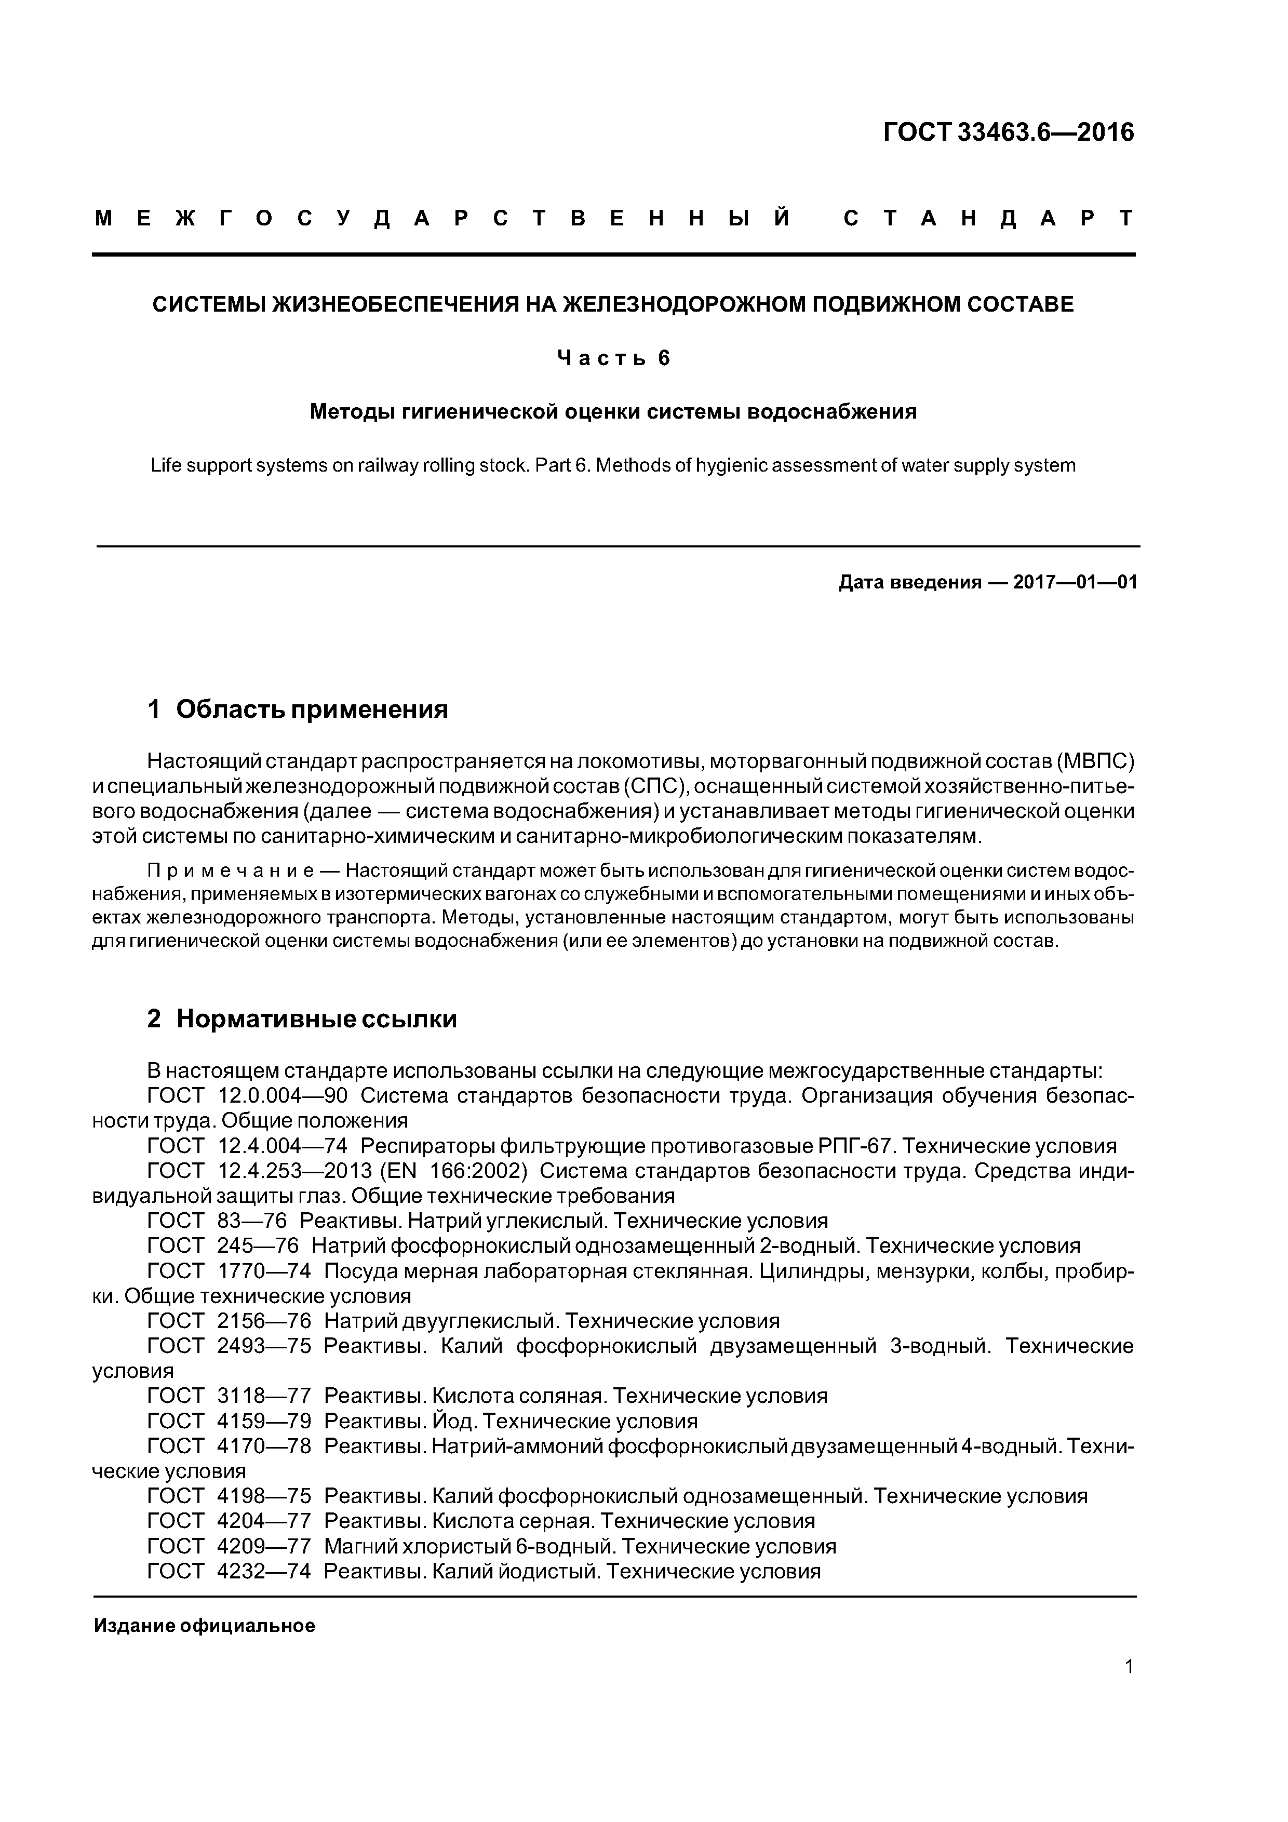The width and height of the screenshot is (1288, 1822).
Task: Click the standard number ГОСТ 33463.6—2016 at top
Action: click(x=1009, y=132)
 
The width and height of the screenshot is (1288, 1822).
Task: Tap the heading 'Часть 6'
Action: click(x=613, y=359)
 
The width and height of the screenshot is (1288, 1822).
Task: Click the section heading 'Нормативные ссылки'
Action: click(x=316, y=1018)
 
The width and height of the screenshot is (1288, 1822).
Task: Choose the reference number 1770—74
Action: click(x=263, y=1271)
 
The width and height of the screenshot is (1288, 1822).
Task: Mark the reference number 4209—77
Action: click(x=263, y=1546)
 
